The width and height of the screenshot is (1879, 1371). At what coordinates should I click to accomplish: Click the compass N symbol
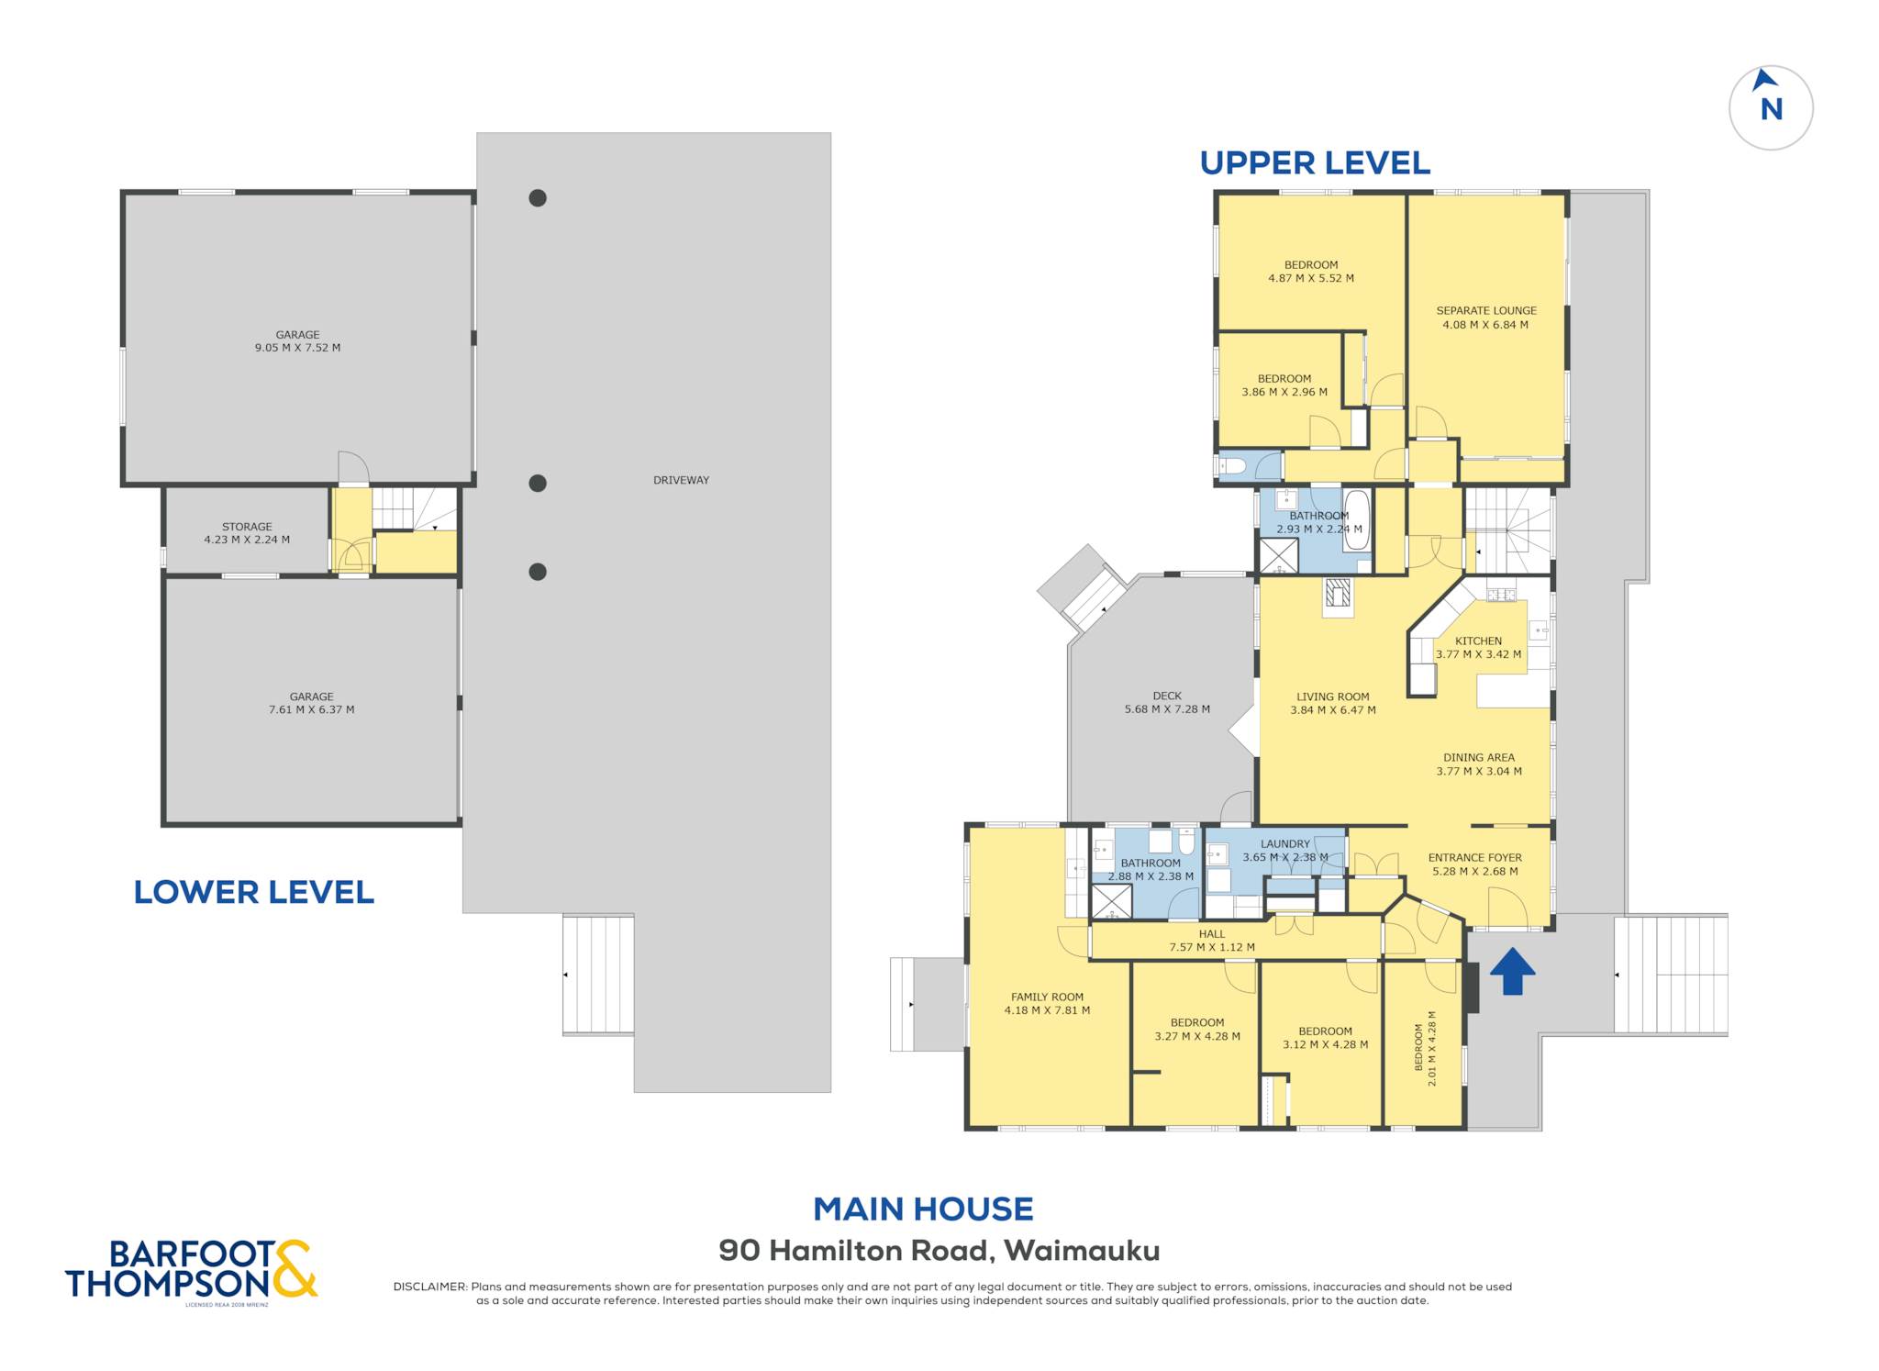(x=1771, y=107)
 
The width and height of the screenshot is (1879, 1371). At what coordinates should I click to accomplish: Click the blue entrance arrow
(x=1512, y=972)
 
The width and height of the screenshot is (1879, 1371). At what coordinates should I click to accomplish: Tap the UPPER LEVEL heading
(x=1315, y=163)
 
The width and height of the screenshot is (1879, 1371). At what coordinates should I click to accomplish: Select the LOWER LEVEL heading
(x=254, y=892)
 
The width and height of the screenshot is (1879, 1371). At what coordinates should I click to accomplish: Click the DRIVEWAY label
(x=681, y=480)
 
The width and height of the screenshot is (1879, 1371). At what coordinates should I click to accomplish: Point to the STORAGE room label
(x=247, y=527)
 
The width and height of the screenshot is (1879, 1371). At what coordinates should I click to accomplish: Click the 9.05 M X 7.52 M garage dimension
(x=297, y=348)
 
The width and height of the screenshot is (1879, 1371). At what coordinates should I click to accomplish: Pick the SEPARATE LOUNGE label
(x=1486, y=310)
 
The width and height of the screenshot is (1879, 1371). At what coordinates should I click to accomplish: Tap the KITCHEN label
(x=1478, y=641)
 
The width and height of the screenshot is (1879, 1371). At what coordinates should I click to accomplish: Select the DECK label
(x=1167, y=696)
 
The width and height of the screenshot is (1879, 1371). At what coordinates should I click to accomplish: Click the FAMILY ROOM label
(x=1047, y=997)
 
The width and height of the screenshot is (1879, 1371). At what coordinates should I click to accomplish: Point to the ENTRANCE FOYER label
(x=1475, y=858)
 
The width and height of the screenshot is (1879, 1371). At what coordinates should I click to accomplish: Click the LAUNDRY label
(x=1284, y=844)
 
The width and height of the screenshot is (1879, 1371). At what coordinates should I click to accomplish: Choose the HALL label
(x=1212, y=934)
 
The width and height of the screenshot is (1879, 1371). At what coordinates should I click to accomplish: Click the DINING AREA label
(x=1478, y=758)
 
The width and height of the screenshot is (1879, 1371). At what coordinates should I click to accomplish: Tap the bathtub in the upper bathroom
(x=1356, y=520)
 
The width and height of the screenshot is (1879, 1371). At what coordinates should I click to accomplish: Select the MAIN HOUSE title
(x=923, y=1209)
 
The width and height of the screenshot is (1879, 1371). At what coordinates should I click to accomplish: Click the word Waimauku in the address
(x=1082, y=1251)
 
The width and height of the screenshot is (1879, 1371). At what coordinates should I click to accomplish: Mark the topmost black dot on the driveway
(x=538, y=197)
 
